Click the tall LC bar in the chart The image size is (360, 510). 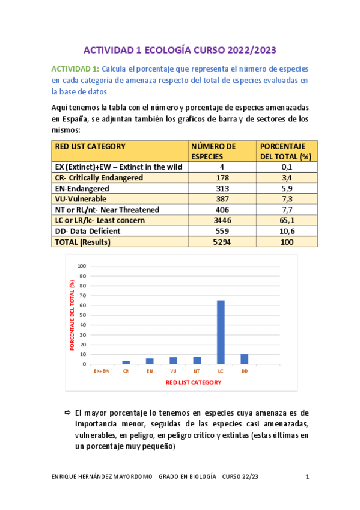pos(221,332)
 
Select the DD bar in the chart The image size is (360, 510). pos(245,358)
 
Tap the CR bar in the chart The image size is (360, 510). pos(126,362)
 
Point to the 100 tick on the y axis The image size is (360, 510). pos(82,266)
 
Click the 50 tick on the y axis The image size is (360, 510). pos(84,315)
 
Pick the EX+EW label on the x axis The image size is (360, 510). pos(102,372)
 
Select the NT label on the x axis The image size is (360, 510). pos(197,372)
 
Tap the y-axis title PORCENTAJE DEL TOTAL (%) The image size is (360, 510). pos(72,315)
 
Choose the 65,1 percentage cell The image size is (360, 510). pos(287,221)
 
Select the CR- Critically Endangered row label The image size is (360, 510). pos(99,178)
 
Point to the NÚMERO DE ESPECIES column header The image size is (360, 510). pos(213,151)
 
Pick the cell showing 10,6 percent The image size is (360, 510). pos(287,232)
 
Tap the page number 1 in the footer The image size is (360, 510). pos(307,478)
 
